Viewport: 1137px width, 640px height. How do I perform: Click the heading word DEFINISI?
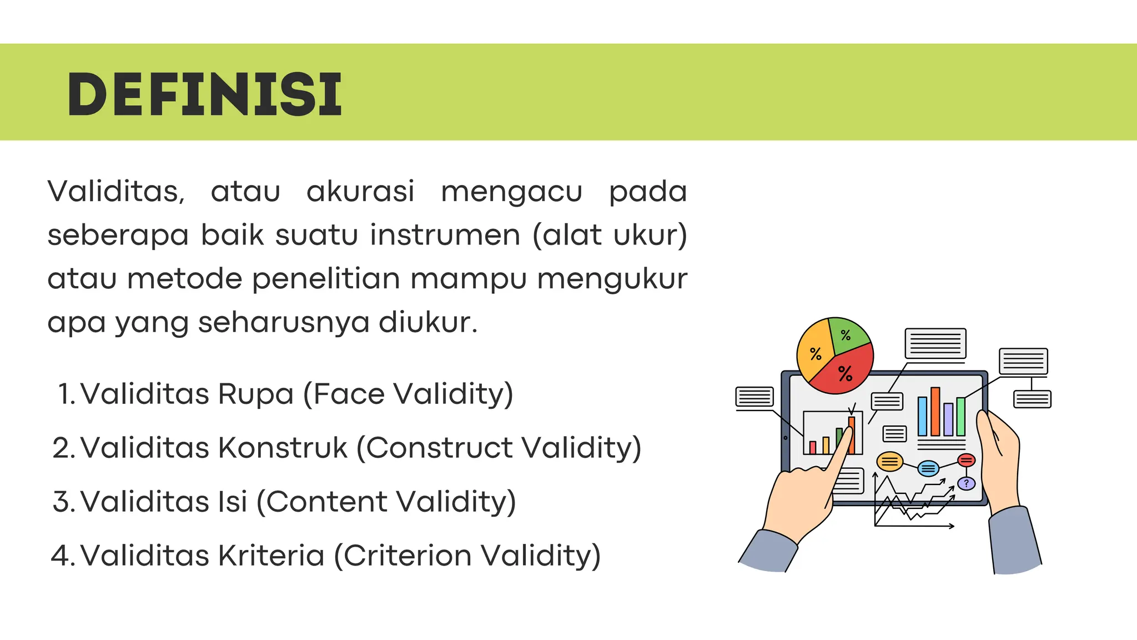[x=204, y=94]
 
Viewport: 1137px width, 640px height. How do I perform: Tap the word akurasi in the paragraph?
[x=360, y=192]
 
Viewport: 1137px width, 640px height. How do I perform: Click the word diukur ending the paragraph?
[x=427, y=322]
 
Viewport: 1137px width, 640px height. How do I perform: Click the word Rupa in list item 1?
[x=255, y=394]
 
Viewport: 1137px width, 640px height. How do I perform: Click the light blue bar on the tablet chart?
[x=922, y=416]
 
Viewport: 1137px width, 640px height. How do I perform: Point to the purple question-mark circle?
[x=966, y=483]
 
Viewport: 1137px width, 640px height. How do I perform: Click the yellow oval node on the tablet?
[x=889, y=461]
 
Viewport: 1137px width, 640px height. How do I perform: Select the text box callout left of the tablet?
[x=754, y=397]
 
